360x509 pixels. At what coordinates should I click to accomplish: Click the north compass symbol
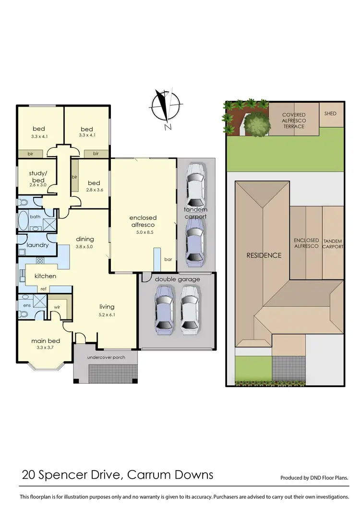(x=167, y=107)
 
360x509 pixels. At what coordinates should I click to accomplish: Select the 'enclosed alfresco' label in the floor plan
(x=144, y=221)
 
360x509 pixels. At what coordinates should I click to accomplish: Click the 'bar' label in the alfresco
(x=168, y=259)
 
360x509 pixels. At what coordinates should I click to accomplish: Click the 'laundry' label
(x=37, y=245)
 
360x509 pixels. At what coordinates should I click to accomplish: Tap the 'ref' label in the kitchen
(x=43, y=289)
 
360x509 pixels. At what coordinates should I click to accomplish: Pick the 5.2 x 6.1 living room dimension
(x=107, y=315)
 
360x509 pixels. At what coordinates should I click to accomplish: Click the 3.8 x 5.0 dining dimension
(x=84, y=247)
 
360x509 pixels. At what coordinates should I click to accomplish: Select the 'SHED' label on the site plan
(x=330, y=114)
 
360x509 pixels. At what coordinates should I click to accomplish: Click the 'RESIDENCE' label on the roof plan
(x=264, y=255)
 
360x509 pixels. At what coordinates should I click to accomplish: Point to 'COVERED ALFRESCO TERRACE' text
(x=293, y=121)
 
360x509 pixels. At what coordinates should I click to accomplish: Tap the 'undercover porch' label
(x=106, y=358)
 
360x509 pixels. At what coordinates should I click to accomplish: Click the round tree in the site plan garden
(x=257, y=125)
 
